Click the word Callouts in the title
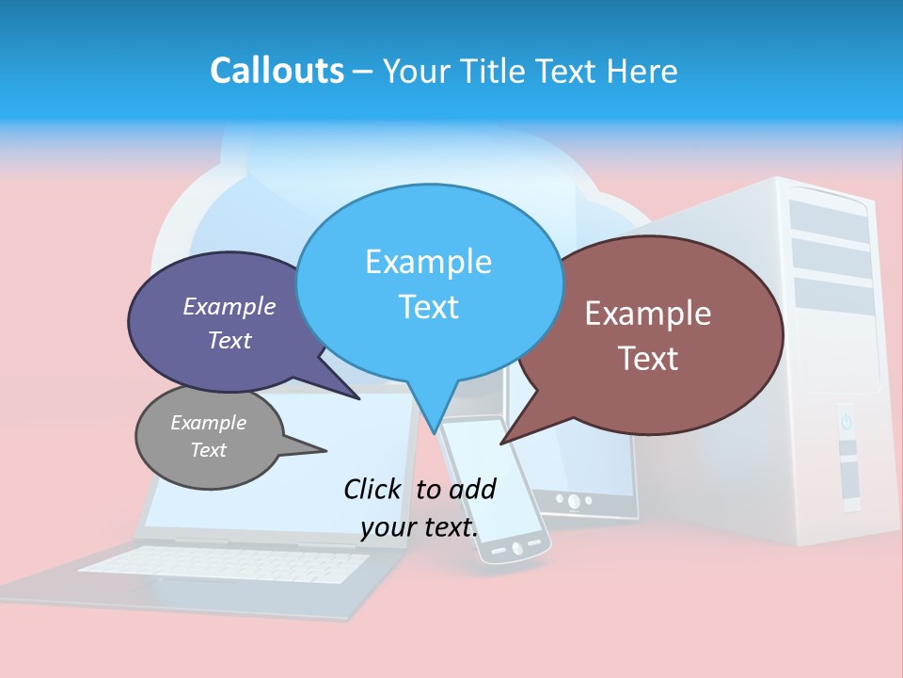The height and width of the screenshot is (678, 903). coord(277,71)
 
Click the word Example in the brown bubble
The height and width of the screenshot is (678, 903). coord(648,314)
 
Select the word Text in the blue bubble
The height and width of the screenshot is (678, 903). coord(429,307)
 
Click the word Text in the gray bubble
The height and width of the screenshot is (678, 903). coord(209,450)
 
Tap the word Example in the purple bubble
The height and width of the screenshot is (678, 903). coord(230,306)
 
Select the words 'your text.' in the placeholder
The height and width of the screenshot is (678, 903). coord(420,527)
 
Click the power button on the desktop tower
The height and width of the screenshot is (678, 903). coord(846,421)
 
